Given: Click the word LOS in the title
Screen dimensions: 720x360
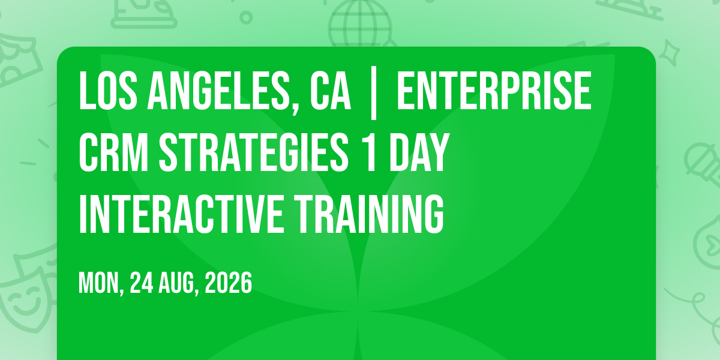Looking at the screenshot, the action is [x=108, y=91].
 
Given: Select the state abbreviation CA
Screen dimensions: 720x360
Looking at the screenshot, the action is [x=331, y=91].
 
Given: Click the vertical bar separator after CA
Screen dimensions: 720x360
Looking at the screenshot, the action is [x=373, y=93].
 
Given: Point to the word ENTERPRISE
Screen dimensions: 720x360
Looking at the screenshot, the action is [x=494, y=91].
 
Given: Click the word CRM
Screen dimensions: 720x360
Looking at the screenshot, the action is [x=113, y=152].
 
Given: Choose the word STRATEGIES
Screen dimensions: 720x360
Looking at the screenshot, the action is [x=254, y=152].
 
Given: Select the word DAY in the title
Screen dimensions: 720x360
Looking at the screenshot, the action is [x=419, y=152].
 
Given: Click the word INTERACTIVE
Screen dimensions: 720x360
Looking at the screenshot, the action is [x=181, y=214].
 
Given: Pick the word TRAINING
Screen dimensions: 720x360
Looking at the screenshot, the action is [x=370, y=214].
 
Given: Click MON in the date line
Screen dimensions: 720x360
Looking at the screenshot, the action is [x=101, y=283].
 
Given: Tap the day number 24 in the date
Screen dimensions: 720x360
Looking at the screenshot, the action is [x=142, y=283].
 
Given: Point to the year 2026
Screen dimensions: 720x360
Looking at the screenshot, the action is [x=228, y=283].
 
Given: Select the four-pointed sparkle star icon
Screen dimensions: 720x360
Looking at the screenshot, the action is [x=670, y=53].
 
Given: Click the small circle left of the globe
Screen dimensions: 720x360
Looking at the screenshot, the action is [x=246, y=17].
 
